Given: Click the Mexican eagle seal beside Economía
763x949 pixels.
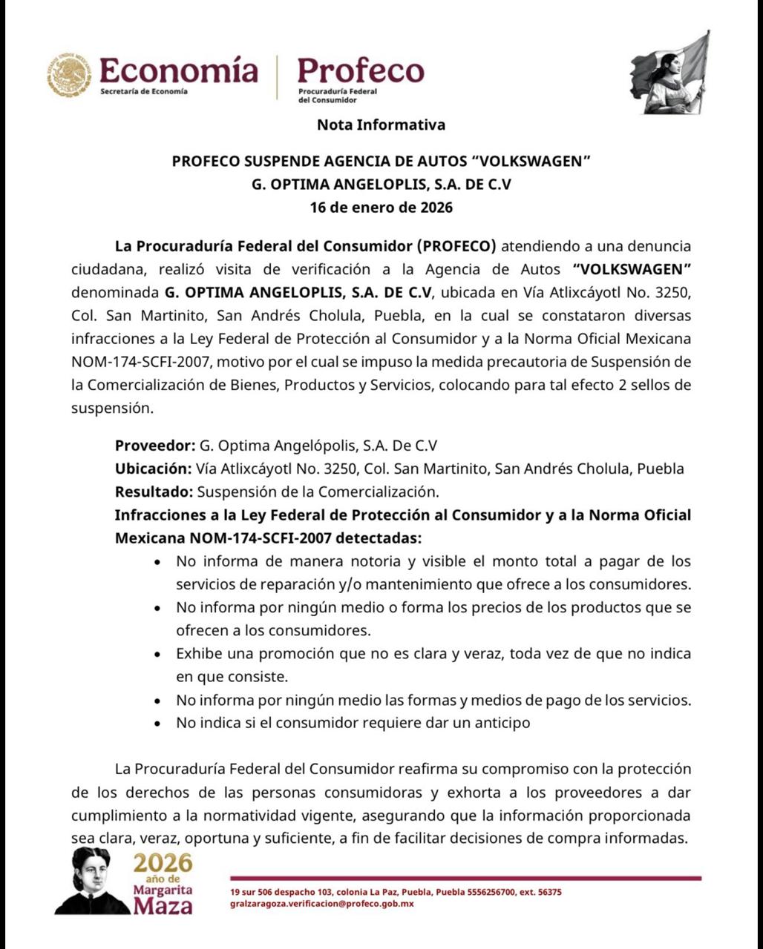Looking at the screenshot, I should pyautogui.click(x=70, y=75).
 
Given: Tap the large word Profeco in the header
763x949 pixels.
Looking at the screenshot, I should pyautogui.click(x=361, y=71).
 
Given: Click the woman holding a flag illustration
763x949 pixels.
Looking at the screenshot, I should pyautogui.click(x=670, y=74).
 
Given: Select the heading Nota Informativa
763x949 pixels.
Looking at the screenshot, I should pyautogui.click(x=381, y=125).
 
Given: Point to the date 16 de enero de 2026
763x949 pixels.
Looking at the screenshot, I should pyautogui.click(x=381, y=207).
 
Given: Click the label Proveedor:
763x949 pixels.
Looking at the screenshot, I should pyautogui.click(x=154, y=446).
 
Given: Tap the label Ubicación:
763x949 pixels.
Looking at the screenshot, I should pyautogui.click(x=153, y=469).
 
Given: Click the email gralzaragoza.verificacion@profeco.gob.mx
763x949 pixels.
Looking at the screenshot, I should pyautogui.click(x=322, y=904).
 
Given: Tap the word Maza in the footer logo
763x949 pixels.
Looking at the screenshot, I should pyautogui.click(x=163, y=906).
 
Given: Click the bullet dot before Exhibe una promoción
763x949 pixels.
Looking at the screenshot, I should pyautogui.click(x=157, y=655).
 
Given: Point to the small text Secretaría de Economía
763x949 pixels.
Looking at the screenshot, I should pyautogui.click(x=143, y=91).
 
